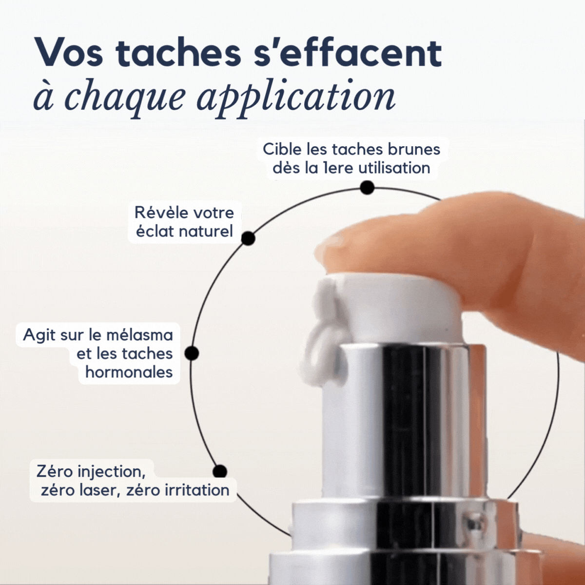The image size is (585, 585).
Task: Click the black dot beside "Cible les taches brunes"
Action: click(x=367, y=188)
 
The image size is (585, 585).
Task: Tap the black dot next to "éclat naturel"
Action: click(x=248, y=238)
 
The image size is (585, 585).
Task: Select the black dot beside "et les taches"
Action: click(x=192, y=353)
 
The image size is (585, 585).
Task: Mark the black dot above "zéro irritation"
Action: click(x=220, y=471)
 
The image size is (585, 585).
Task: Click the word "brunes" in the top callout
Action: click(x=414, y=149)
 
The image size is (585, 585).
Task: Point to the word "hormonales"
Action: click(x=129, y=372)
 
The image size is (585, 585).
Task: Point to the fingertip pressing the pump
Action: click(x=341, y=246)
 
